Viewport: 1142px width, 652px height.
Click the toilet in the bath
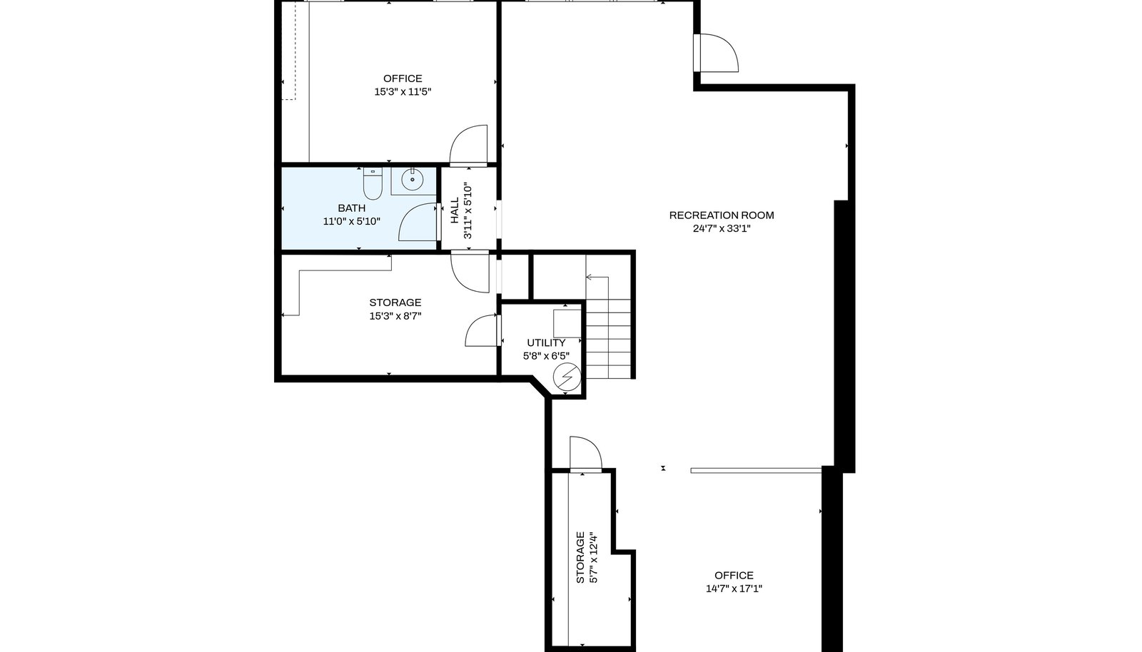[373, 183]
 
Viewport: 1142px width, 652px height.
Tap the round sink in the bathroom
[412, 179]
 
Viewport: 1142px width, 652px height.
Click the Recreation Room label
[722, 215]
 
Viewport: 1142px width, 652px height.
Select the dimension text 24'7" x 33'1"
[722, 229]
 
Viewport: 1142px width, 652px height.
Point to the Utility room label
[546, 343]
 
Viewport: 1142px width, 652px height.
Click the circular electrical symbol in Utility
[567, 377]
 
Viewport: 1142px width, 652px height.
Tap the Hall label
[455, 210]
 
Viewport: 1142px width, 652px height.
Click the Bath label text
[352, 208]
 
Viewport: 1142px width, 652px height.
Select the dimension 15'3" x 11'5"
[403, 92]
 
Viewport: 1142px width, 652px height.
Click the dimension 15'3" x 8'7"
[395, 316]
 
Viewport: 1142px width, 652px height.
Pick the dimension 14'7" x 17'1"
[734, 589]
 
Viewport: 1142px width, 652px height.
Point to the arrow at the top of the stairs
[597, 277]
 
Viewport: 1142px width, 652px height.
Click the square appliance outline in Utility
[567, 322]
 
